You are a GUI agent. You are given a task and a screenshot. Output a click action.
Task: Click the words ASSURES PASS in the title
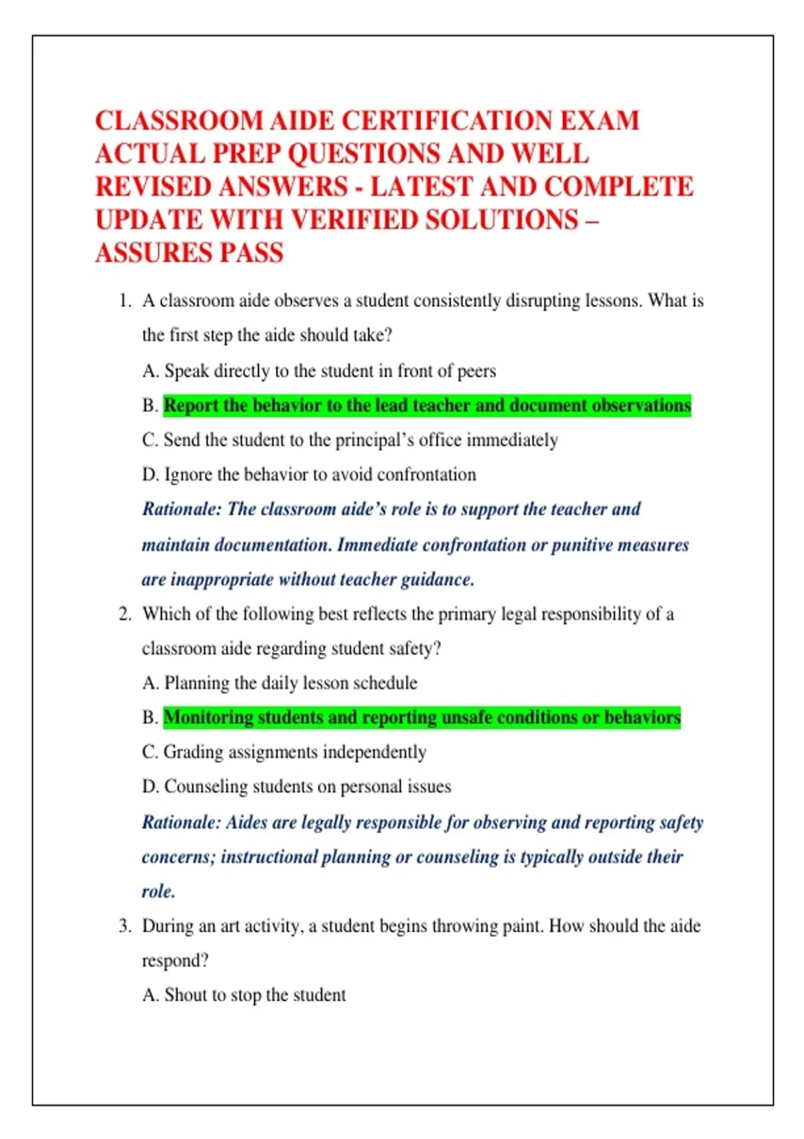coord(189,253)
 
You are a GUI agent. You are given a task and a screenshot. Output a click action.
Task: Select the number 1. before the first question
coord(125,301)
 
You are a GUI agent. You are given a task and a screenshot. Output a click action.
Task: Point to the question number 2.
coord(125,614)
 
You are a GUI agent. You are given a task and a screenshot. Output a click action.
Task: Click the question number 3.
coord(125,927)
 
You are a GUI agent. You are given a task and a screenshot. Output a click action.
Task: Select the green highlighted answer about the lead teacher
coord(427,405)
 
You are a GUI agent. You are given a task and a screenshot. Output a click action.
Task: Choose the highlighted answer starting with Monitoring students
coord(421,718)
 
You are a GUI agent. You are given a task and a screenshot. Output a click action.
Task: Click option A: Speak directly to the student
coord(319,371)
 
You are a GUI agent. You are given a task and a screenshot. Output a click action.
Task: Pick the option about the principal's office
coord(350,440)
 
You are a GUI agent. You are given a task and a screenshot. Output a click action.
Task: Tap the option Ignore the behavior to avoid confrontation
coord(309,475)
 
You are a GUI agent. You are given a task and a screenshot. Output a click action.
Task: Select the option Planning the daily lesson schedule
coord(279,683)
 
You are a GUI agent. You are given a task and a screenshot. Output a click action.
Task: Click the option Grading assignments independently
coord(284,752)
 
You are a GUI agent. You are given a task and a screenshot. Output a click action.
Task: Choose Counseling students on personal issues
coord(296,787)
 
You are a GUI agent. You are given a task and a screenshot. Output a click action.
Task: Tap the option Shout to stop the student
coord(244,995)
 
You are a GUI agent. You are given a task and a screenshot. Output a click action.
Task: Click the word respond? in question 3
coord(175,961)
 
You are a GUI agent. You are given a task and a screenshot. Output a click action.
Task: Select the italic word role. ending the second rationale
coord(158,892)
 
